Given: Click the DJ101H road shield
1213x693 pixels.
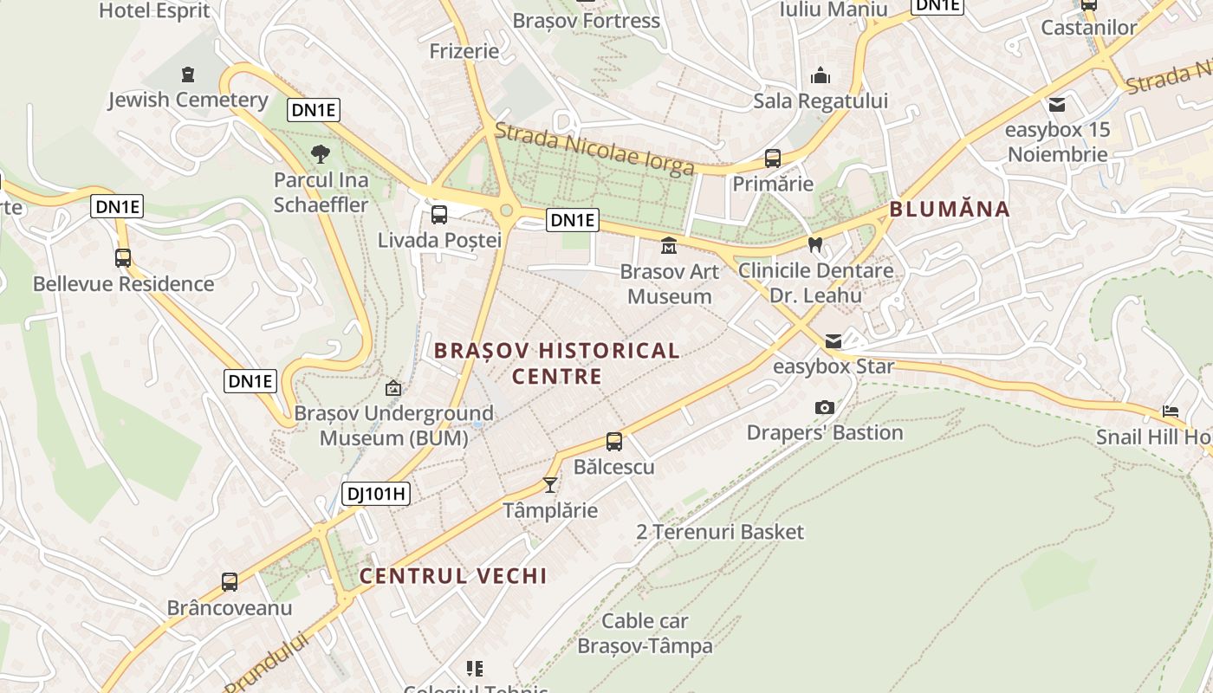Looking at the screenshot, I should coord(375,494).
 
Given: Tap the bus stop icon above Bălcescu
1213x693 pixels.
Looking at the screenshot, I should coord(614,442).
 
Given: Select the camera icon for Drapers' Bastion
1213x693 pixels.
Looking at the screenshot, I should coord(825,407).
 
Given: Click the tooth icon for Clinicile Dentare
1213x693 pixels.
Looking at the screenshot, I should coord(814,245).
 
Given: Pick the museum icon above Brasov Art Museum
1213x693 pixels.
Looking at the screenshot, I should coord(669,247).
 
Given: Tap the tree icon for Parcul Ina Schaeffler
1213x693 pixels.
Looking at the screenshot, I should coord(321,155).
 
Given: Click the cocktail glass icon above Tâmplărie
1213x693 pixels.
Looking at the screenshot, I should coord(549,484).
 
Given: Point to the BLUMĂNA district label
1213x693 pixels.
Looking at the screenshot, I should coord(950,209).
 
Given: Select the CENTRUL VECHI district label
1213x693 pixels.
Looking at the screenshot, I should coord(453,576).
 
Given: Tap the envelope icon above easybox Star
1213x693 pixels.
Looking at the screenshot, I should coord(834,341).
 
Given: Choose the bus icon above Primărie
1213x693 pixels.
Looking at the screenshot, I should coord(773,159).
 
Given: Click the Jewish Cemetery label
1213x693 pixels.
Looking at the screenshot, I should coord(188,100).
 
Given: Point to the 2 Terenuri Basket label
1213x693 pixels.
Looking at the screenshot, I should coord(720,532).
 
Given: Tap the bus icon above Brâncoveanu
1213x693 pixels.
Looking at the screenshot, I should coord(230,582).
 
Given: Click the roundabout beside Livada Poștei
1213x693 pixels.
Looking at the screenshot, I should coord(506,210).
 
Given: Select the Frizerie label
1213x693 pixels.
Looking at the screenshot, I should coord(464,51).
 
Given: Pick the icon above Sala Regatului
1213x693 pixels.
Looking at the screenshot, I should coord(820,76).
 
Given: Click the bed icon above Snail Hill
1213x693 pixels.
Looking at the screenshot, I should coord(1171,411).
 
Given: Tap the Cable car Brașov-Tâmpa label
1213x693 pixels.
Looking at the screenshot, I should coord(645,633).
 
